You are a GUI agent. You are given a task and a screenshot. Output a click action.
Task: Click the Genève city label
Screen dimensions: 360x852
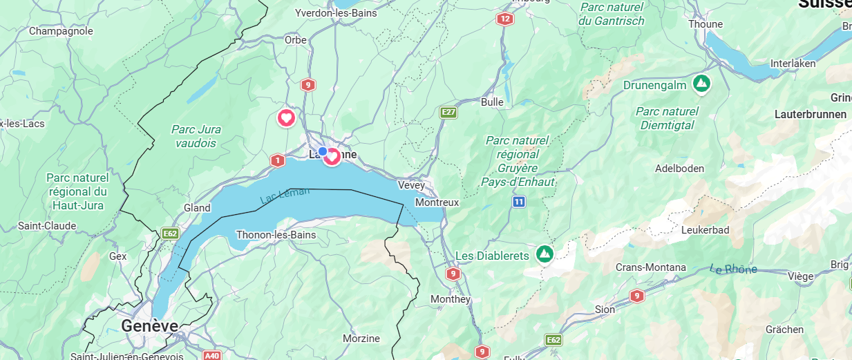pos(149,325)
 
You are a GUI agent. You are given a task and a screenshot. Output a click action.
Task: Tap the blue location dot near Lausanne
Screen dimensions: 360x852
pos(323,151)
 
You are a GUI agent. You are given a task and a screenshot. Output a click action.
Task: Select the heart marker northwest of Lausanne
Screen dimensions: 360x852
pos(287,117)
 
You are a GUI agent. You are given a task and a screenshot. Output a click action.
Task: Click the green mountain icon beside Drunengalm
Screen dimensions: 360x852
pos(702,84)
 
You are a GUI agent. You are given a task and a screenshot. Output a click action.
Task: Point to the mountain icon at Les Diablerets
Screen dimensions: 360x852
pos(545,254)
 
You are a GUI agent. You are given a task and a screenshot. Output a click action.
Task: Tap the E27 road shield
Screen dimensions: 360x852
pos(449,112)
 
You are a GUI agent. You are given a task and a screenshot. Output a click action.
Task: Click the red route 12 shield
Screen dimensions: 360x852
pos(505,19)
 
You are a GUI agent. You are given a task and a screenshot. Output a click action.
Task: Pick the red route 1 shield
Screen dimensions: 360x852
pos(278,160)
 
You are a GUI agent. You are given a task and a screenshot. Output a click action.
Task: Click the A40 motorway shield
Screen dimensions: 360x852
pos(211,355)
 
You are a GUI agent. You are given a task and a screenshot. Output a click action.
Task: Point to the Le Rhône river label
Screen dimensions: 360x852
pos(733,269)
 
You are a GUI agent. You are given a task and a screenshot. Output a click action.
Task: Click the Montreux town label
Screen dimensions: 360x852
pos(437,202)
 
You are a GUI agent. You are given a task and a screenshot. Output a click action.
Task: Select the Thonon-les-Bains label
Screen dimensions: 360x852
pos(276,235)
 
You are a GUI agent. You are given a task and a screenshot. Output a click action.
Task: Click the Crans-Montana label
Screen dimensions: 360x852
pos(651,267)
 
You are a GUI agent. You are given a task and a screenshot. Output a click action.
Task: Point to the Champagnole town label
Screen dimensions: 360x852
pos(61,31)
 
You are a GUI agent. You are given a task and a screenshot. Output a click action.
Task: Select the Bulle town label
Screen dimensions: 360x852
pos(492,102)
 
